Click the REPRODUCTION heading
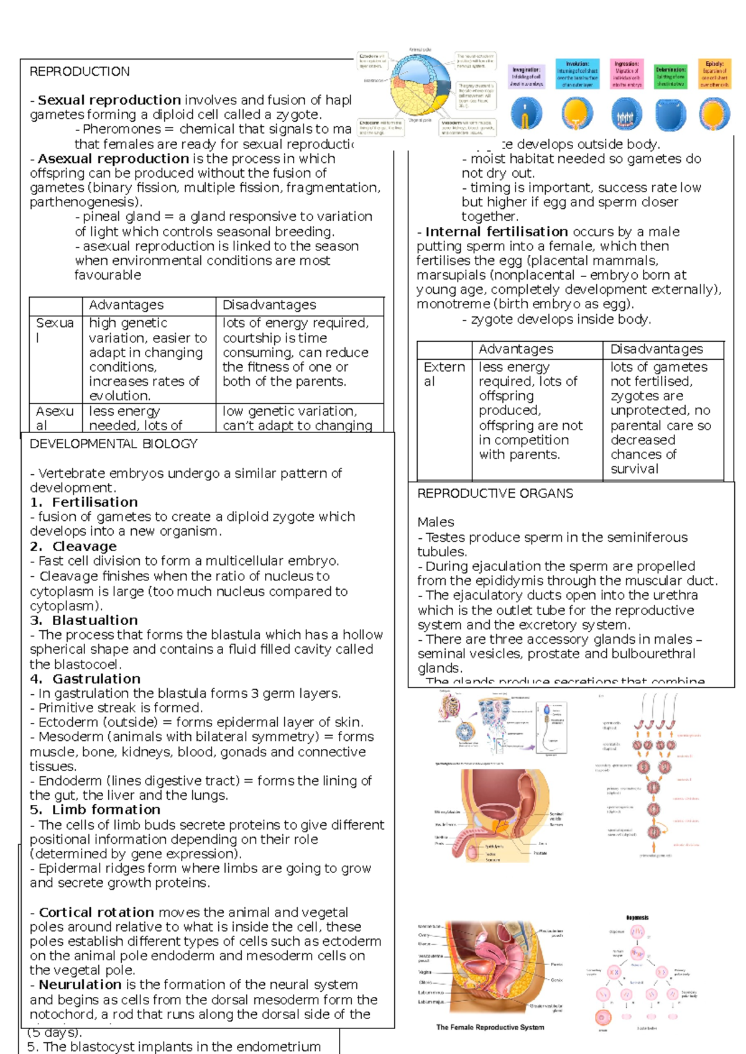(80, 71)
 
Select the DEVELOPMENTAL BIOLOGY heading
(113, 444)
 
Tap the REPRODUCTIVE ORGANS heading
(495, 493)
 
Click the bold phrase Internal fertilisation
(497, 232)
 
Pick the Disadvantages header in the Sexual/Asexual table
(269, 305)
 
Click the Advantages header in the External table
(515, 349)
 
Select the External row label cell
(444, 374)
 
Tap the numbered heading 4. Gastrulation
(85, 679)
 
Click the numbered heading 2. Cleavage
(73, 546)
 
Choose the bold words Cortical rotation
(96, 912)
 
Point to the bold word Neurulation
(80, 984)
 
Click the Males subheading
(435, 522)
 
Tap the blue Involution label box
(578, 74)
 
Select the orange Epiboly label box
(714, 74)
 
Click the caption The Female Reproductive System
(490, 1027)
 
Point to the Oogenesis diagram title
(637, 917)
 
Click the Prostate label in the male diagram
(540, 853)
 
